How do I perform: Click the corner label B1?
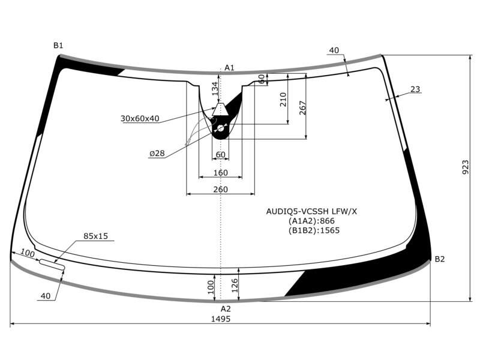(58, 46)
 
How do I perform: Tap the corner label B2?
(440, 259)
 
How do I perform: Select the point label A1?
(229, 68)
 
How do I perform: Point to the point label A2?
(226, 308)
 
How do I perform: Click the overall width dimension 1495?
(221, 319)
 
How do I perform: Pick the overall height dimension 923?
(465, 167)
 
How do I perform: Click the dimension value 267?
(302, 108)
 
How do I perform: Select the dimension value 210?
(283, 100)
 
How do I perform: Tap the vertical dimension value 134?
(215, 89)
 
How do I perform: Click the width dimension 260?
(220, 190)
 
